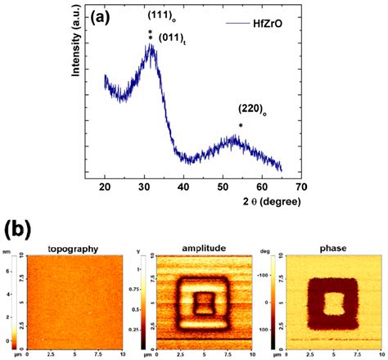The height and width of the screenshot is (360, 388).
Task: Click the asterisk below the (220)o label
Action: click(240, 125)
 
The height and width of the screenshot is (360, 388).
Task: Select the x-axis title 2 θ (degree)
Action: click(263, 201)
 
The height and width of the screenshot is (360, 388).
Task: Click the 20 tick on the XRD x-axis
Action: click(105, 187)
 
